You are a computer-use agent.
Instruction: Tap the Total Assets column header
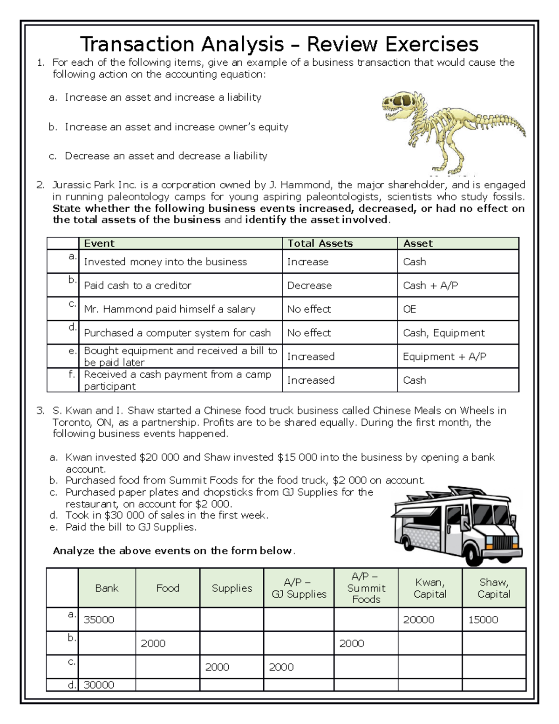click(x=320, y=243)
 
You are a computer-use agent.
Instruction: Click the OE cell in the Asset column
click(x=409, y=309)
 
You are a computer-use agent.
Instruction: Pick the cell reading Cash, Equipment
click(x=443, y=333)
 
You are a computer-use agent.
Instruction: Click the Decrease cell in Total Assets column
click(x=309, y=285)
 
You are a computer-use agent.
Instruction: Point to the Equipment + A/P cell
click(x=444, y=357)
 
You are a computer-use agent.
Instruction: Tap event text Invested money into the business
click(x=165, y=262)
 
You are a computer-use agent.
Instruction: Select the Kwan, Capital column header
click(x=429, y=588)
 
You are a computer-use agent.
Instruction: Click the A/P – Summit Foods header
click(x=366, y=588)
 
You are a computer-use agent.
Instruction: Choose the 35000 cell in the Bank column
click(x=99, y=620)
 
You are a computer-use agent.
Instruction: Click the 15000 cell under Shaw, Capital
click(x=483, y=620)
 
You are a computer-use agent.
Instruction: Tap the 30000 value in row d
click(x=99, y=685)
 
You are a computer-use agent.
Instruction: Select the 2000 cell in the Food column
click(x=153, y=643)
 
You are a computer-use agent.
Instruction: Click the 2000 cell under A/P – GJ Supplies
click(x=281, y=667)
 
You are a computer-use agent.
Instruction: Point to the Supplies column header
click(x=232, y=588)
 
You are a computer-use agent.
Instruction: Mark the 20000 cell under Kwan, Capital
click(x=418, y=620)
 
